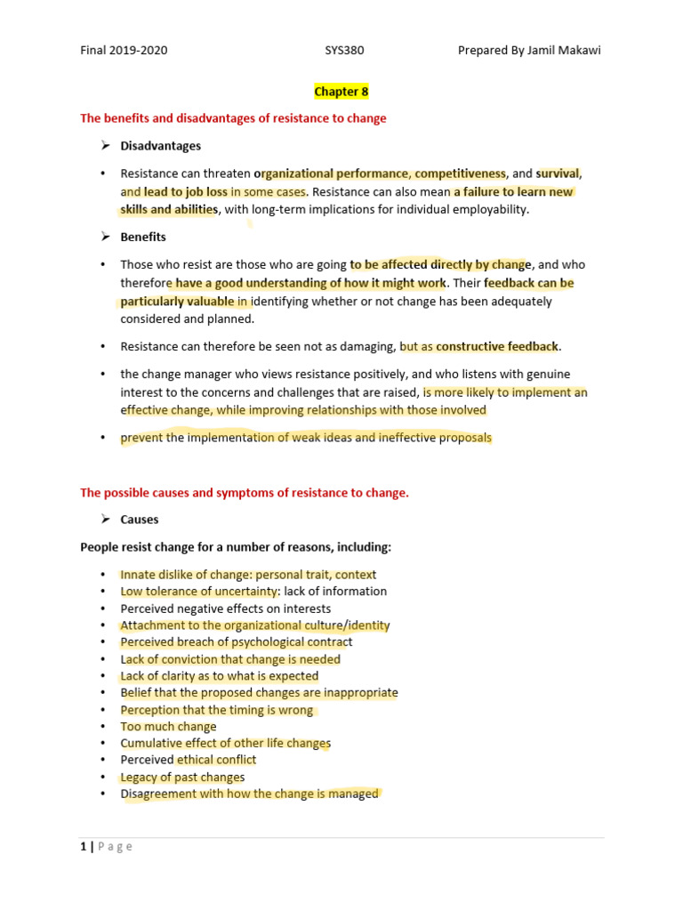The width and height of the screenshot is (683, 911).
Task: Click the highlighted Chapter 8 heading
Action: [341, 91]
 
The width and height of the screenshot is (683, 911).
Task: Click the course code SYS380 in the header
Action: [344, 50]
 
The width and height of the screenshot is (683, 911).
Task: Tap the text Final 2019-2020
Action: [124, 50]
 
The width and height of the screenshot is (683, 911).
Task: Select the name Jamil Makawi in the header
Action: [565, 50]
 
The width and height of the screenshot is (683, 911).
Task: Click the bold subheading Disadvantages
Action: [161, 145]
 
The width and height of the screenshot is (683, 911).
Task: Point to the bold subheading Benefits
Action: [143, 237]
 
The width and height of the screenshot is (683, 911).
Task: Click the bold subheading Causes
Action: [140, 519]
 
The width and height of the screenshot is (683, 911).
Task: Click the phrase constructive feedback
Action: [498, 346]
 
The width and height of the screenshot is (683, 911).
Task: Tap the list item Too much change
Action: [169, 726]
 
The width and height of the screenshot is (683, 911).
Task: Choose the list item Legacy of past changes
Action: [182, 777]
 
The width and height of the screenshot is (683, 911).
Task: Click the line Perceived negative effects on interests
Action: [226, 609]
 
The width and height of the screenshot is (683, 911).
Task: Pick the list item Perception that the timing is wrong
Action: [217, 710]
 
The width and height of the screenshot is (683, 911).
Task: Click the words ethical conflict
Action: [217, 760]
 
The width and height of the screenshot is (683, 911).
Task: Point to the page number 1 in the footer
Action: [83, 846]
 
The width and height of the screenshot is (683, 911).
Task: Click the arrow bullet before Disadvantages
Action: [103, 145]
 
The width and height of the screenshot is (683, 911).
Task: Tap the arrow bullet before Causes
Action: [103, 519]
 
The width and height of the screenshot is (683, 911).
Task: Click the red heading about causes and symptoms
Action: [245, 493]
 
